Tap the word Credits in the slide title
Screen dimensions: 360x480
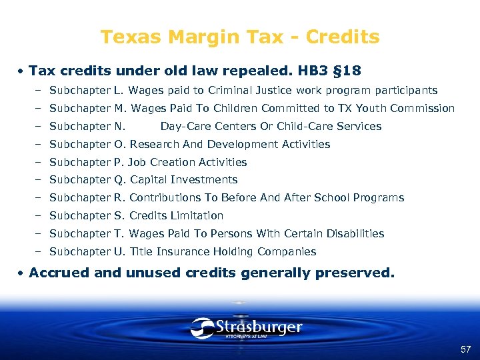pyautogui.click(x=345, y=37)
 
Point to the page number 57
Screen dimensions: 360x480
pyautogui.click(x=465, y=349)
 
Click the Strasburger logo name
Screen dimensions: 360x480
pyautogui.click(x=259, y=327)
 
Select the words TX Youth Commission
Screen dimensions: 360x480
pyautogui.click(x=405, y=108)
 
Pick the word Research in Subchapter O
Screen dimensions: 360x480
pyautogui.click(x=153, y=144)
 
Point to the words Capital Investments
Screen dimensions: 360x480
pyautogui.click(x=183, y=179)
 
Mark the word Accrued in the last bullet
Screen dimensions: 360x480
pyautogui.click(x=57, y=273)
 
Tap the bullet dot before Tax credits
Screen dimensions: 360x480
pyautogui.click(x=22, y=71)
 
